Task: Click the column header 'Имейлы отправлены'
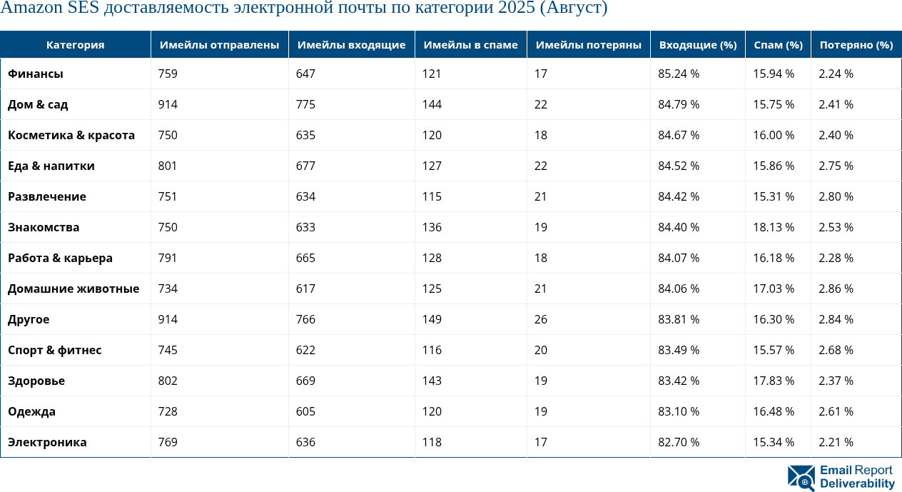(219, 45)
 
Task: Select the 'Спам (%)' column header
(778, 45)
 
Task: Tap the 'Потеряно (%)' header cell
(856, 45)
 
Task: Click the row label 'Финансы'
(36, 74)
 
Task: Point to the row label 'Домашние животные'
(74, 288)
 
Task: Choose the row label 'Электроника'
(47, 442)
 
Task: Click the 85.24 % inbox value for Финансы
(678, 74)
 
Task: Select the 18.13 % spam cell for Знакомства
(774, 227)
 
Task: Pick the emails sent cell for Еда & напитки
(168, 166)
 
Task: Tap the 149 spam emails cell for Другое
(432, 319)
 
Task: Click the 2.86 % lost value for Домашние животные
(836, 288)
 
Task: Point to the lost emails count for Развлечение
(541, 196)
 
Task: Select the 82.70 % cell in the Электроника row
(678, 442)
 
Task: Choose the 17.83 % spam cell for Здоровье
(774, 381)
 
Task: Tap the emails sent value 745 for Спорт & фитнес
(168, 350)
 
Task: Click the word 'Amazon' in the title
(29, 9)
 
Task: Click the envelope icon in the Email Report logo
(801, 478)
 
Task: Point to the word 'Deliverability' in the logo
(857, 484)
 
